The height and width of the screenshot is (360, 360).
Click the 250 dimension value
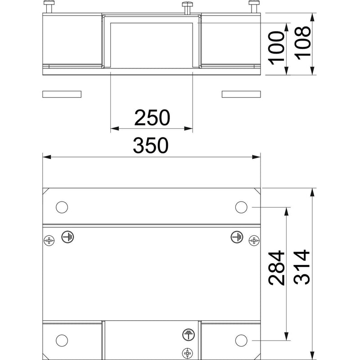tap(152, 117)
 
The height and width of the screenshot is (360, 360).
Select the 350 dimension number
tap(151, 145)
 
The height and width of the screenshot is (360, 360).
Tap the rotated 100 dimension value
tap(276, 48)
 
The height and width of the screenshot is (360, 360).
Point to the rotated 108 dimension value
tap(302, 43)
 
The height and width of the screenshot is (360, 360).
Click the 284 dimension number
tap(276, 268)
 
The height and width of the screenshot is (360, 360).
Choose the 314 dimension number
tap(301, 267)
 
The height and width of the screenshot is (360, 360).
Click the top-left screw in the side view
tap(49, 7)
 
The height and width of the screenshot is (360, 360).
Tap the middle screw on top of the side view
tap(187, 8)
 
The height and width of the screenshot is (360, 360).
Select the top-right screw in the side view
tap(254, 7)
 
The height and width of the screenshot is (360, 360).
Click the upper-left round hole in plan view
tap(62, 207)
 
